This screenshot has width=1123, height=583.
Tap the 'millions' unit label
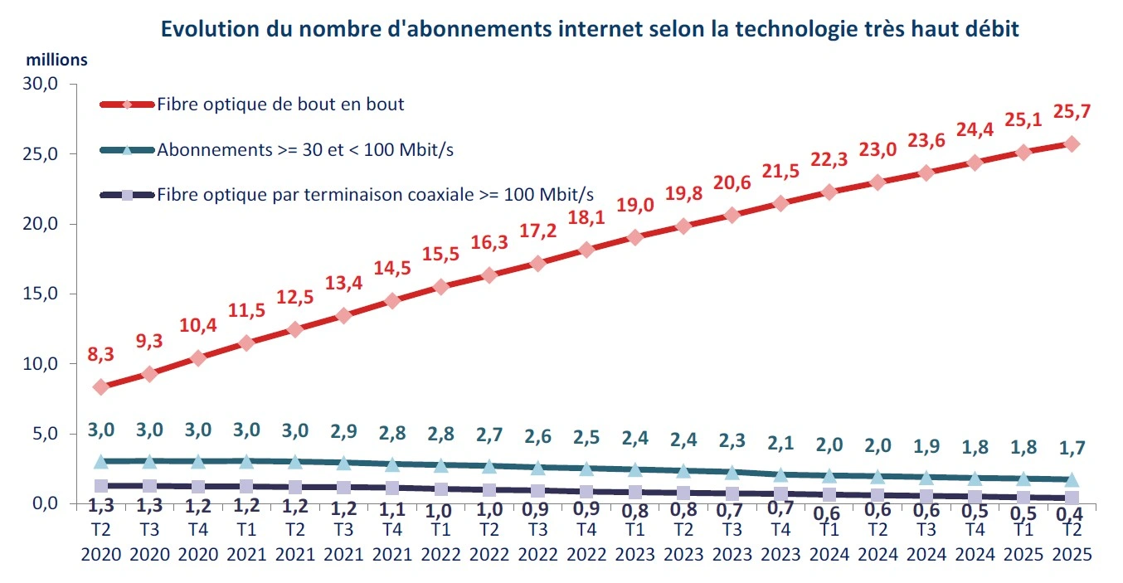point(56,61)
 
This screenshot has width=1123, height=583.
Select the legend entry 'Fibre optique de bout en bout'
point(280,104)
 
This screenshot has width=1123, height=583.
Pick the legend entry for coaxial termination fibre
point(376,194)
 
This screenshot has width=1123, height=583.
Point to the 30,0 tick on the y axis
point(41,85)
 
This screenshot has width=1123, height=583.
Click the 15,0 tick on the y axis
point(41,294)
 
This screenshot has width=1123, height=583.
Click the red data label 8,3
point(100,354)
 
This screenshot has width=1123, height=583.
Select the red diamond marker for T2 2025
point(1072,143)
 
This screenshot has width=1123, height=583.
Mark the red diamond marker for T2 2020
point(101,386)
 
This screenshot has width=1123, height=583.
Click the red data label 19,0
point(634,205)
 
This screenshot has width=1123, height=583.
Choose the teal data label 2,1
point(780,445)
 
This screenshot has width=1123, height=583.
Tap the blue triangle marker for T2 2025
point(1072,479)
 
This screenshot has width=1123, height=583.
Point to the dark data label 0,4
point(1072,515)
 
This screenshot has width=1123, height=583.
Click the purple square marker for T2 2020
point(101,486)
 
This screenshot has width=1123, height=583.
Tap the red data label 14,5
point(392,268)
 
